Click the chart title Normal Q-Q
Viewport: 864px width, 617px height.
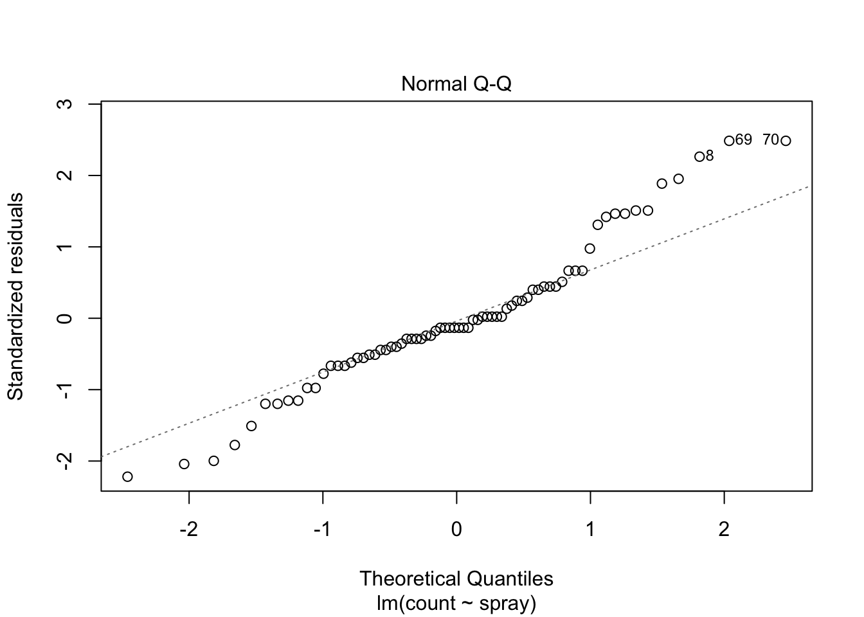456,84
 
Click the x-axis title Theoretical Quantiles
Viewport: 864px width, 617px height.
456,578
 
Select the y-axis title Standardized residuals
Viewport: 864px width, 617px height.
15,296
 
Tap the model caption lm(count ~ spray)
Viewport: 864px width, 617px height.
456,604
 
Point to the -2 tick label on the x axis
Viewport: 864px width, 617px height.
188,530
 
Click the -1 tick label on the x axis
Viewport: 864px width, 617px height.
322,530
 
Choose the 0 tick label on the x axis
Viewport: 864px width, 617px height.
456,530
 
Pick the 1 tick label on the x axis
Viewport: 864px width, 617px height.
590,530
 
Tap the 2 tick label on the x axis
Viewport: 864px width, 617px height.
724,530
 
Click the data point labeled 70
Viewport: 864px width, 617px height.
786,141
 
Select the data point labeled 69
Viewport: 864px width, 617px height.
729,141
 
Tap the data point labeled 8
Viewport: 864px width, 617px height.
699,157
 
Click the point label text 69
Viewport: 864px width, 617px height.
744,140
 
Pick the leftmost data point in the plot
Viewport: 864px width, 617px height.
127,476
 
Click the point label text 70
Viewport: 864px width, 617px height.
771,140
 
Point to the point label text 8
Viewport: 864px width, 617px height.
710,156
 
